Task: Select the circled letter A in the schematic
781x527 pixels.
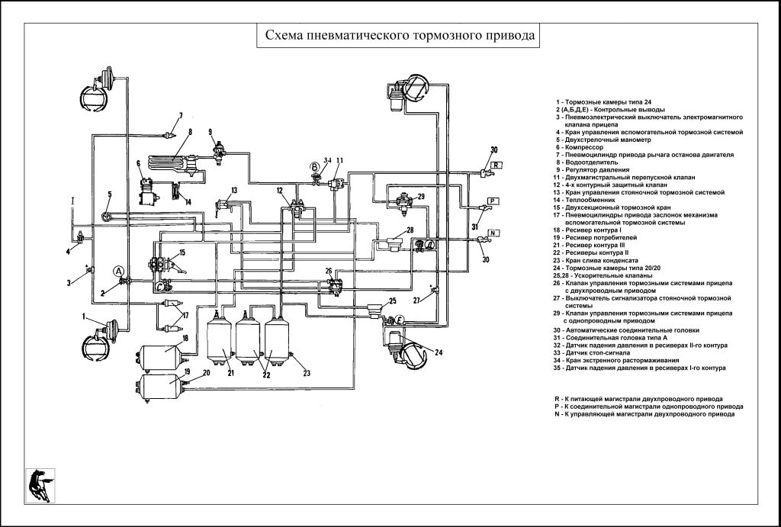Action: click(x=119, y=271)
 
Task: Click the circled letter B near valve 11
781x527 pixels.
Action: click(x=313, y=167)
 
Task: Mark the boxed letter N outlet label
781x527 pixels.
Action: click(x=493, y=232)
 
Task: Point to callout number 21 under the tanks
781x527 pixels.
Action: click(x=230, y=371)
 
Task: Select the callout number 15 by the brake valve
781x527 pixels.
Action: click(x=182, y=252)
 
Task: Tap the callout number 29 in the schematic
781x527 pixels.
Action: click(x=421, y=196)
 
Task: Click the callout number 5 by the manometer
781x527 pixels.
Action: click(x=109, y=194)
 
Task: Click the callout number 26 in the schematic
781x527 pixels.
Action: click(x=329, y=271)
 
